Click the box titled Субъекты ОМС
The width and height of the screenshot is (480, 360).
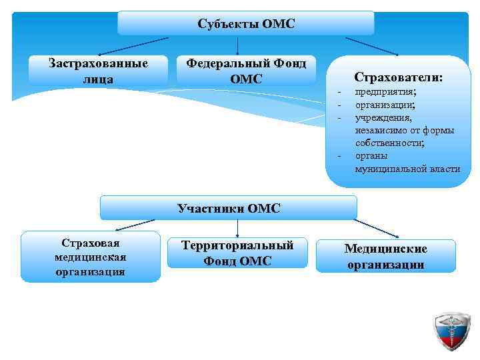246,23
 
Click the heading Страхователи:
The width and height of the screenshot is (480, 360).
398,77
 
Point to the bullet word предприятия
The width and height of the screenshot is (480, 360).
385,92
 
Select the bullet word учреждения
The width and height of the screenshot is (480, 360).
383,117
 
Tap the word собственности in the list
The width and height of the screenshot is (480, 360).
389,143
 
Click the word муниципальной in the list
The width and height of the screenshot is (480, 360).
389,169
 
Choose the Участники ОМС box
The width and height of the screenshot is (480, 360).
229,207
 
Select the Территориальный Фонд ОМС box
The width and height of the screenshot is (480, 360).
237,253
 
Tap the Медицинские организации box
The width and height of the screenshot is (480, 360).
385,256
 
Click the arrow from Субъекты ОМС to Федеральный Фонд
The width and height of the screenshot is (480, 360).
239,45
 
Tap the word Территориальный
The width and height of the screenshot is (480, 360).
237,245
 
